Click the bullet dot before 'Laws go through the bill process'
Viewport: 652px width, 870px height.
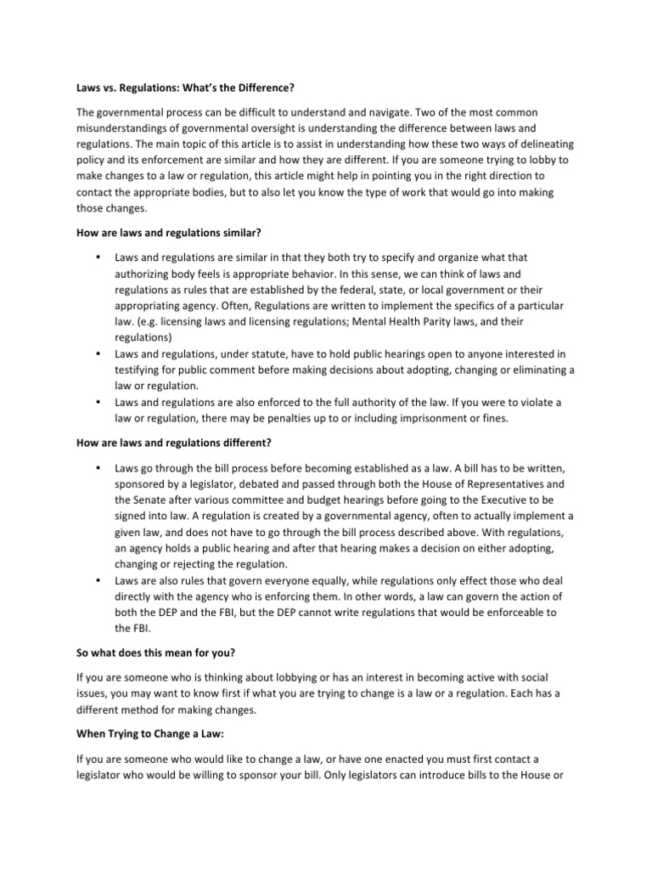tap(100, 466)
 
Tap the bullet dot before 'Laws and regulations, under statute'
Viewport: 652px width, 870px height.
tap(100, 353)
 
